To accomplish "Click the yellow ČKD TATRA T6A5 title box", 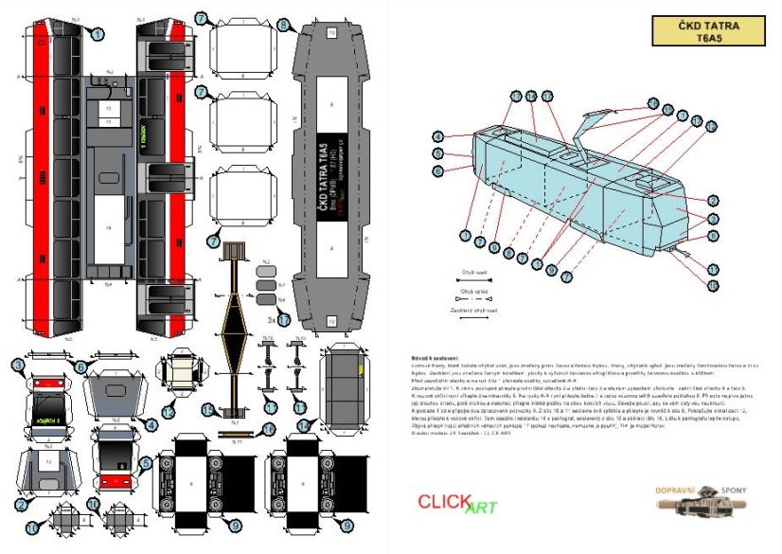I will click(x=709, y=31).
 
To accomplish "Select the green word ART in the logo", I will click(x=481, y=509).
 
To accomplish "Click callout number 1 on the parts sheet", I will click(x=97, y=34).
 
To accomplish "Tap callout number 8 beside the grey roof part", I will click(x=285, y=24).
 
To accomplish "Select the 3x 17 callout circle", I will click(x=283, y=320).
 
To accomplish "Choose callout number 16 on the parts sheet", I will click(x=269, y=429).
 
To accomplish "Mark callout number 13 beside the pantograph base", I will click(x=215, y=241).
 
